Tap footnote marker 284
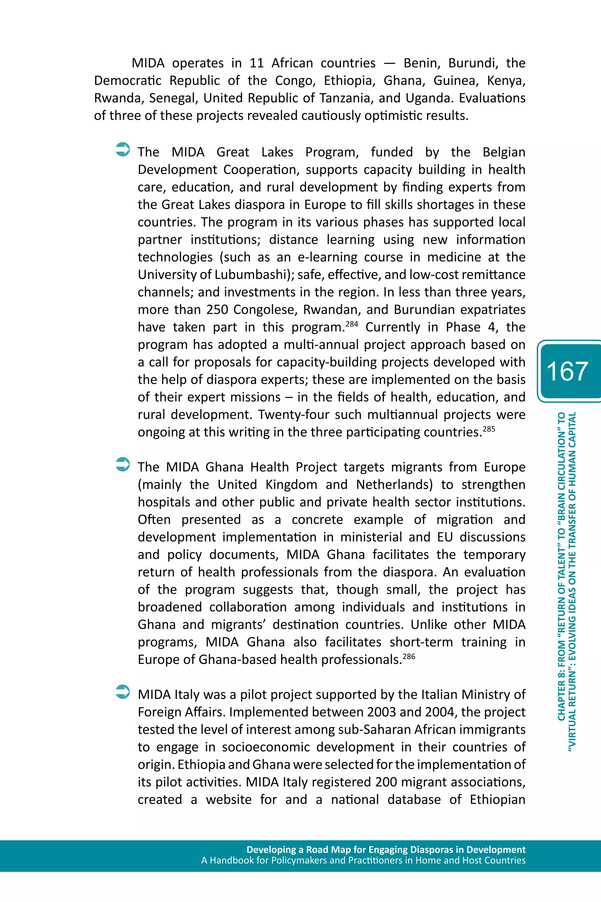pyautogui.click(x=352, y=324)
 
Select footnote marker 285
pyautogui.click(x=489, y=429)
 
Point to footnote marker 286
pyautogui.click(x=409, y=656)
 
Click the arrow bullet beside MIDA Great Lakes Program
pyautogui.click(x=123, y=149)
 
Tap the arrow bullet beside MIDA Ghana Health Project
pyautogui.click(x=123, y=464)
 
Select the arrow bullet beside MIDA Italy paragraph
pyautogui.click(x=123, y=692)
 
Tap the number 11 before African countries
pyautogui.click(x=256, y=63)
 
